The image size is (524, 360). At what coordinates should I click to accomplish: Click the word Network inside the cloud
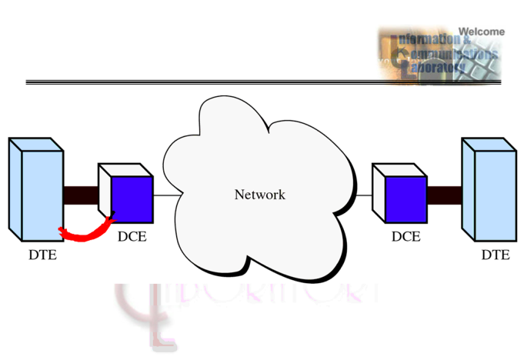pos(259,195)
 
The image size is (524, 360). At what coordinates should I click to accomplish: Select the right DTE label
pos(495,254)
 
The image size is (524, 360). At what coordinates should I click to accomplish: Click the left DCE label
pos(132,237)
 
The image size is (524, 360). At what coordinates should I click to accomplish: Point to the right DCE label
pos(406,237)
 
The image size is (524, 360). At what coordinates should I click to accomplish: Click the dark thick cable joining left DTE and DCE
pos(81,195)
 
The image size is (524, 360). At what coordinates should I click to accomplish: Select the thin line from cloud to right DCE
pos(364,195)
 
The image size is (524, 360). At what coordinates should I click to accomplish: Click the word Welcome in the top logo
pos(482,32)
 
